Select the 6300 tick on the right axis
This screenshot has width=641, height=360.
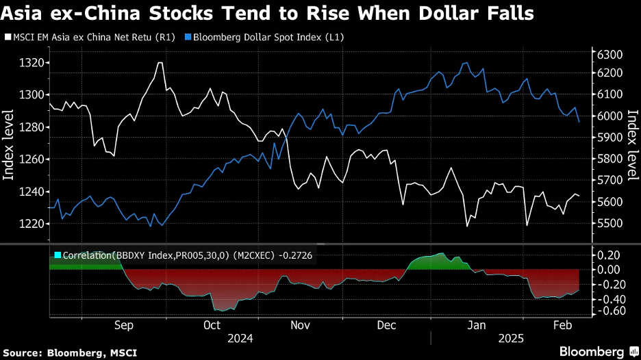click(610, 55)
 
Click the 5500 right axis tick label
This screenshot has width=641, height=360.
click(610, 224)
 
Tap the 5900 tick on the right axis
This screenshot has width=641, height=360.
click(610, 138)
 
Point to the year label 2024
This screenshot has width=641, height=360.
click(240, 338)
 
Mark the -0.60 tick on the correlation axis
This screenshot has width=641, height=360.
click(609, 311)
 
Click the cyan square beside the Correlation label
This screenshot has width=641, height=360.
click(57, 255)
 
